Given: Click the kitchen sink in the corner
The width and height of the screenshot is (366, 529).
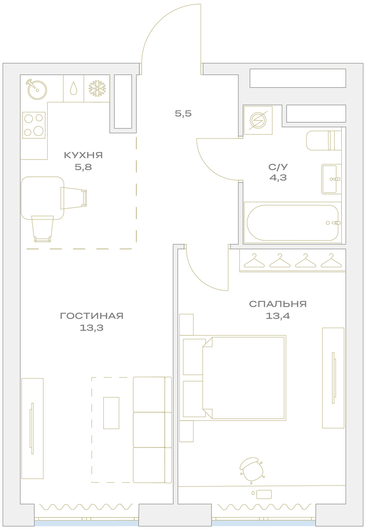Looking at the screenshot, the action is (x=37, y=90).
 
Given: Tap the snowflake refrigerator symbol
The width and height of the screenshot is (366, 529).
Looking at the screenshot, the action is (x=97, y=89).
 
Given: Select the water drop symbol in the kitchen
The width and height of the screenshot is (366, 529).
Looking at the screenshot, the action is (x=74, y=88).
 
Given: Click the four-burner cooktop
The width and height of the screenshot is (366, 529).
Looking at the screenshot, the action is (x=34, y=125).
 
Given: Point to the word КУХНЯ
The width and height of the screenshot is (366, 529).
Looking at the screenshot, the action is (x=83, y=155).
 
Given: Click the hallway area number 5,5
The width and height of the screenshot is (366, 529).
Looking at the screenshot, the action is (x=183, y=113).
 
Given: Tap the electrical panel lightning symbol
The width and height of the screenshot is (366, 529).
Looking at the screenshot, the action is (x=258, y=120).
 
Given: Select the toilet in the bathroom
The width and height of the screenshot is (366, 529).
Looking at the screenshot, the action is (x=324, y=141).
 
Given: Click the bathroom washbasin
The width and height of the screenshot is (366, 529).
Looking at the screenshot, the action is (x=331, y=179).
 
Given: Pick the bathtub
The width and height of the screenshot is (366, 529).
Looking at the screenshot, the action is (x=292, y=223).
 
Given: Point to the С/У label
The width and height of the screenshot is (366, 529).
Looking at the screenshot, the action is (x=278, y=167).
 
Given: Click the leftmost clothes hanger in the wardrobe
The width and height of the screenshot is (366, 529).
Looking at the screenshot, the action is (x=254, y=260).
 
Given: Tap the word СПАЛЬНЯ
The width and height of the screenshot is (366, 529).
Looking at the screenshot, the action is (x=278, y=304).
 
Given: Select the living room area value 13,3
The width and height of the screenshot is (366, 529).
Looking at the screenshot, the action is (x=91, y=328).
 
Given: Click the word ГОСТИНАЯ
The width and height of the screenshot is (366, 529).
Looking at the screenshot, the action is (x=91, y=316).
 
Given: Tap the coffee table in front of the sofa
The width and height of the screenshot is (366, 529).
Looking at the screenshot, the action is (x=111, y=413).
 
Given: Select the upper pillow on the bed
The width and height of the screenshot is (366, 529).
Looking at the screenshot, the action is (x=194, y=357).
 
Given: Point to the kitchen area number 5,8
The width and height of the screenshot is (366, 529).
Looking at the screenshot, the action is (x=83, y=167).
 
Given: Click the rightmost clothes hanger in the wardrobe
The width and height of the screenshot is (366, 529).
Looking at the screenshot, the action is (x=331, y=260).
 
